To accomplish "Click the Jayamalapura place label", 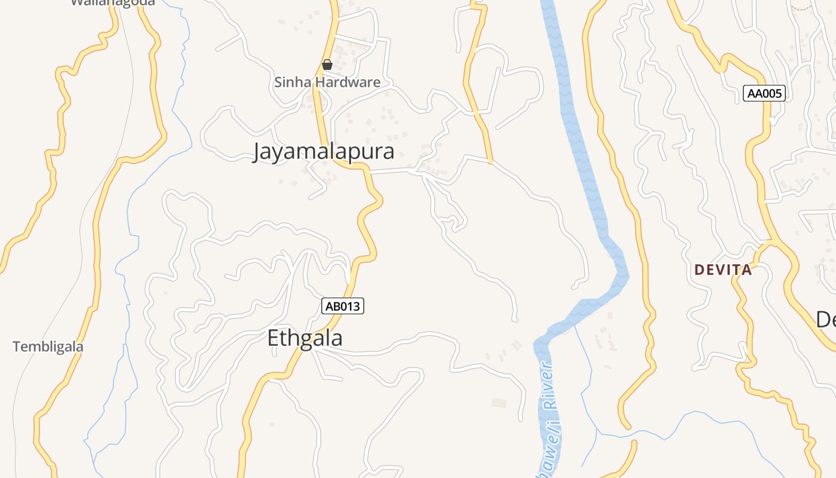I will tap(323, 151).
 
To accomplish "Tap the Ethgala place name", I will tap(305, 338).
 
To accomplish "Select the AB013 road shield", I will tap(343, 306).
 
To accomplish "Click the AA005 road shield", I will tap(764, 93).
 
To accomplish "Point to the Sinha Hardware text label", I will tap(327, 82).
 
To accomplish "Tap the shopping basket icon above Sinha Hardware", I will tap(327, 65).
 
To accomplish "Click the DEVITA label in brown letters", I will tap(723, 270).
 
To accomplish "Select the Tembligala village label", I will tap(48, 347).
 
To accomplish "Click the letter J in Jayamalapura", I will tap(257, 152).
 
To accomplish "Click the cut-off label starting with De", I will tap(826, 320).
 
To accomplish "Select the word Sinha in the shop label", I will tap(293, 82).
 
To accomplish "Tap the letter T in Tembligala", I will tap(16, 347).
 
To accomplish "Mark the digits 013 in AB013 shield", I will tap(351, 306).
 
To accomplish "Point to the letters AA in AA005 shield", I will tap(755, 93).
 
